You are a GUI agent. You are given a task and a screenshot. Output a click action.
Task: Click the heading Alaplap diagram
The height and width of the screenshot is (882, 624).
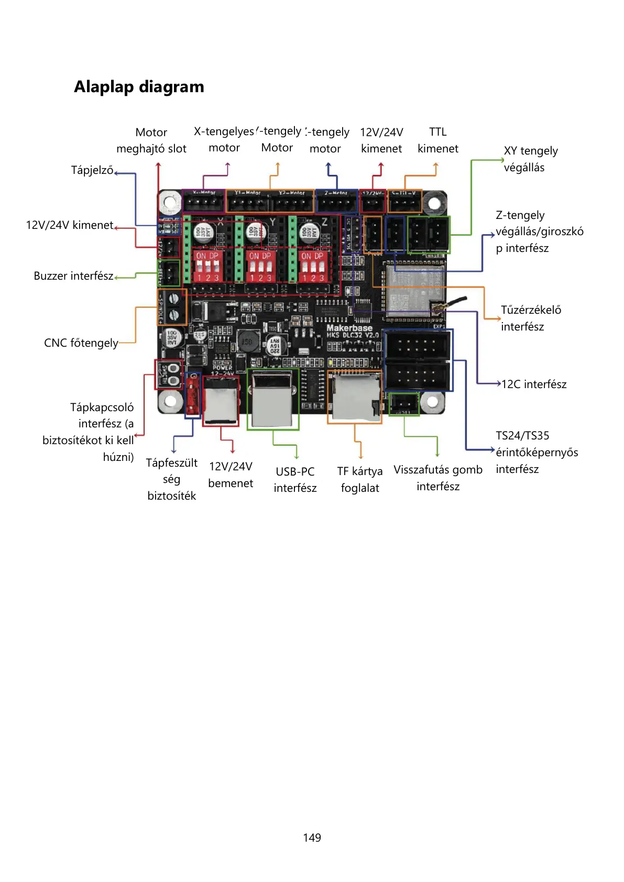click(139, 86)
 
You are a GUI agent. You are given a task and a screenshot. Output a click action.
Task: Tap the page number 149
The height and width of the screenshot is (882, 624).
click(312, 837)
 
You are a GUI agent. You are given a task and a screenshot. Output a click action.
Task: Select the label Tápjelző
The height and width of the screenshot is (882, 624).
click(92, 170)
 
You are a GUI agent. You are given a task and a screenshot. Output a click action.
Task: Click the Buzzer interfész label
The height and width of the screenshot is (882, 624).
click(73, 276)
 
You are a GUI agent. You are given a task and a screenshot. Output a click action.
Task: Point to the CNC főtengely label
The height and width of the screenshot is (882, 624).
click(81, 343)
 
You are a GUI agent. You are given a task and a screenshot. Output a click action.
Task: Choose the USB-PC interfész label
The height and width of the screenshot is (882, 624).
click(295, 480)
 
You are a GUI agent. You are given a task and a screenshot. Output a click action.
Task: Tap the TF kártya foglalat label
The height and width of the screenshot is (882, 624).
click(360, 480)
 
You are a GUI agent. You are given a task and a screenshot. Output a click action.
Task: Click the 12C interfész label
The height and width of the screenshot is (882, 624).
click(534, 384)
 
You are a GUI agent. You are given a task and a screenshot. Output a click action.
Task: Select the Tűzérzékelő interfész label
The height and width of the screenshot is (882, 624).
click(530, 318)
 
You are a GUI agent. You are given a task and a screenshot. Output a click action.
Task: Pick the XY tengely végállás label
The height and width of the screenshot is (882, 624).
click(530, 159)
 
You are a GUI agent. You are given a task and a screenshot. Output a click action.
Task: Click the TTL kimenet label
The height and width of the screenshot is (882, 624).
click(437, 140)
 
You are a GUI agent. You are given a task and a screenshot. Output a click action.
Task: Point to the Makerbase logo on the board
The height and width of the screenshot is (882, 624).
click(349, 328)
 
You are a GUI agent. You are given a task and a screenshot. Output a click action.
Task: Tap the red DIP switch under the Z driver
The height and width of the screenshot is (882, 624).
click(313, 266)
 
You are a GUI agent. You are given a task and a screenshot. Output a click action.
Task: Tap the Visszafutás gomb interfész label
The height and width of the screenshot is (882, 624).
click(438, 478)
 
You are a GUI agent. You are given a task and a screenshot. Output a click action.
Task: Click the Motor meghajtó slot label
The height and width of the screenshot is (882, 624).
click(151, 140)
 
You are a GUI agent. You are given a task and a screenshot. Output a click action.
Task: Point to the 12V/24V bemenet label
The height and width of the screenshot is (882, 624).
click(231, 475)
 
